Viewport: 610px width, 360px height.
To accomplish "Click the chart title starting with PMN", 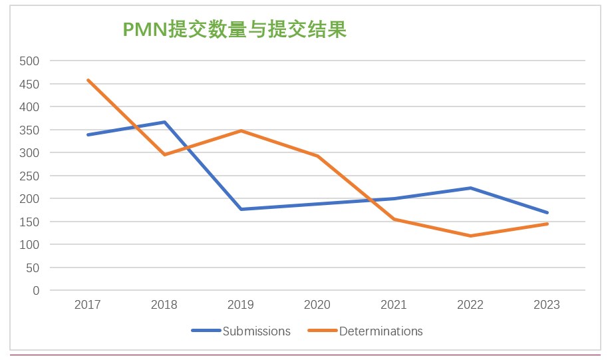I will (235, 30).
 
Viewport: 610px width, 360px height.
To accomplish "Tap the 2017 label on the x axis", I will (88, 305).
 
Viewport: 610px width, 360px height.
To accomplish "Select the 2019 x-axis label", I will (241, 305).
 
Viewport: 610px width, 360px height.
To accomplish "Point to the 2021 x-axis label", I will (394, 305).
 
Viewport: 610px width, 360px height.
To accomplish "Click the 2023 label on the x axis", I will (547, 305).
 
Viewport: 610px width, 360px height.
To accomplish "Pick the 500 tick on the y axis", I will (31, 61).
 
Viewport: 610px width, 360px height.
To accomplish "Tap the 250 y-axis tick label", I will (31, 176).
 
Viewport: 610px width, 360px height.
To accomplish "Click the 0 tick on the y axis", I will (36, 291).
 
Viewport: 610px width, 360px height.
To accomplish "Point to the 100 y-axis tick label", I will (31, 245).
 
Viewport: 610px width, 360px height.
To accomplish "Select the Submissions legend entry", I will (256, 331).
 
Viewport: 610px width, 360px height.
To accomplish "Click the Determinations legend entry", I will (381, 331).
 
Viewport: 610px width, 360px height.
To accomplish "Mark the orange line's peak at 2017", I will (88, 80).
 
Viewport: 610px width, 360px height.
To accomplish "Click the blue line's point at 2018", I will (164, 122).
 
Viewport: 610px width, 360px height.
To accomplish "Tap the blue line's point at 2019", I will (241, 209).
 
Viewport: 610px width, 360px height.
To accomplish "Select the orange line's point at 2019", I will (241, 130).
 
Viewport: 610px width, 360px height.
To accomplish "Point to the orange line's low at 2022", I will (470, 236).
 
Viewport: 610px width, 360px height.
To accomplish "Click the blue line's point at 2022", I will (470, 188).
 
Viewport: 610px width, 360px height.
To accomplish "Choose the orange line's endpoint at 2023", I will (547, 224).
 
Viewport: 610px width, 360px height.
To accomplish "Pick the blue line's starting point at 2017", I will (88, 134).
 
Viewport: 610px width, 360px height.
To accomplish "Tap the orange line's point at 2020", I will (317, 156).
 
